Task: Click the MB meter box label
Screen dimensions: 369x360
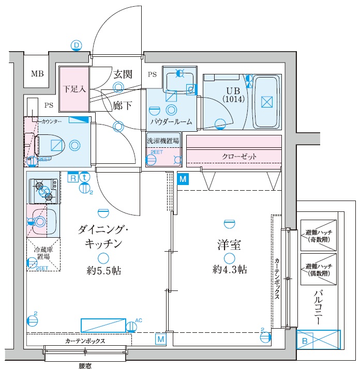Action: (x=37, y=73)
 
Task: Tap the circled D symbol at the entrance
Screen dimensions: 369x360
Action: (x=77, y=46)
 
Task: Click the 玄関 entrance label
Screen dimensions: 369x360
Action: (x=123, y=74)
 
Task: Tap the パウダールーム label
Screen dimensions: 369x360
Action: (x=171, y=122)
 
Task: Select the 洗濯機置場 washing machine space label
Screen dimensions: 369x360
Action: (x=162, y=140)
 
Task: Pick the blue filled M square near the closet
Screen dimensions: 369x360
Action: (x=182, y=179)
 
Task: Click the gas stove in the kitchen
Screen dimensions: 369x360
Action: (x=44, y=190)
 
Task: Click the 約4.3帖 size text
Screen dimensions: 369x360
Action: (x=229, y=269)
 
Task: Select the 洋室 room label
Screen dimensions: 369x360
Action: (x=228, y=245)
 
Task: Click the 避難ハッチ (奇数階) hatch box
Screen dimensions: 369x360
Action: (x=318, y=235)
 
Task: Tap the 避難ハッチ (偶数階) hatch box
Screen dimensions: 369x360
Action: (x=318, y=268)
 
